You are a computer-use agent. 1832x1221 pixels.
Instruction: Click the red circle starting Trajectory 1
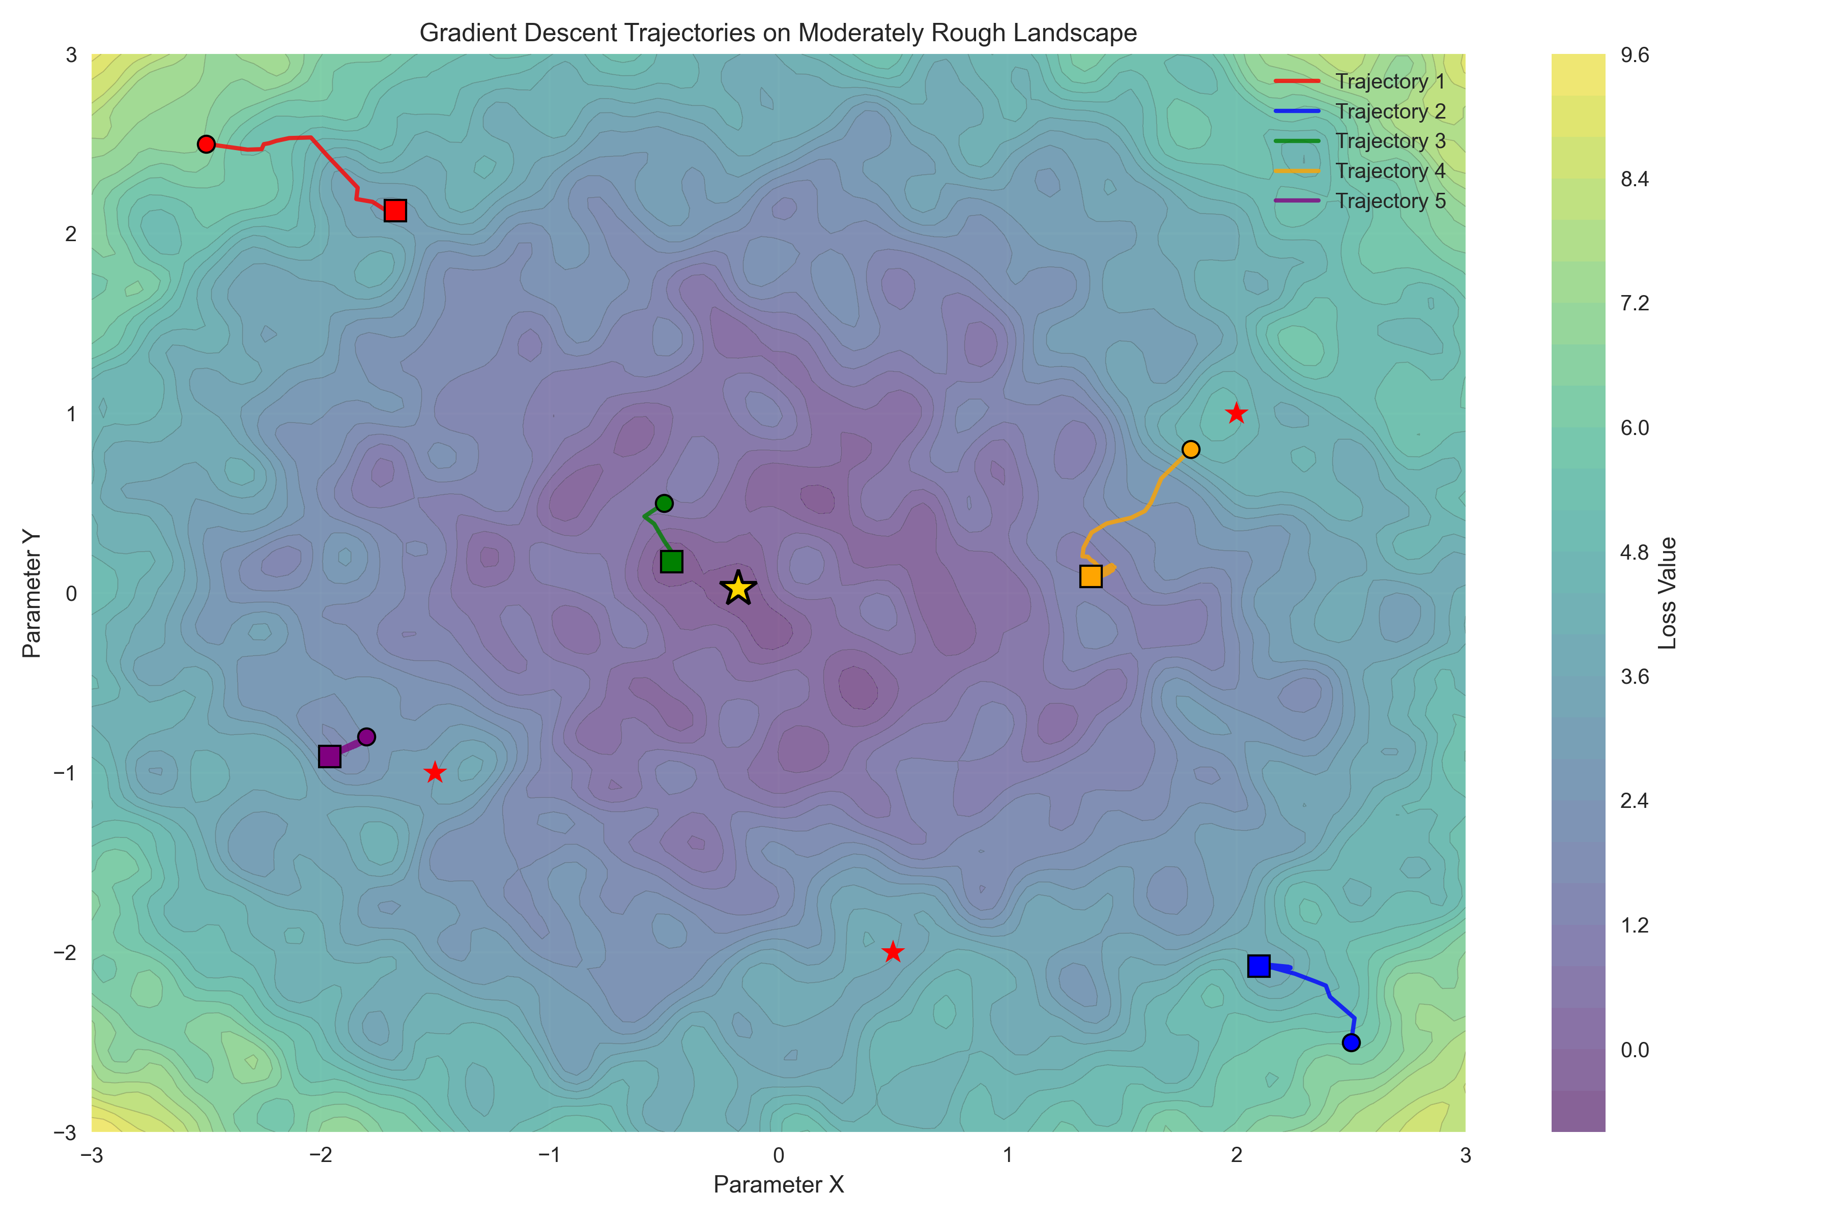[x=206, y=144]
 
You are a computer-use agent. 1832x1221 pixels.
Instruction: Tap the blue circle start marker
[x=1351, y=1042]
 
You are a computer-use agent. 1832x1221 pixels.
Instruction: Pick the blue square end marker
[x=1258, y=966]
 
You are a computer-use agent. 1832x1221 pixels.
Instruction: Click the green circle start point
[x=664, y=503]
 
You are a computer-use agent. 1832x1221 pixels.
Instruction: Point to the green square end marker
[x=671, y=562]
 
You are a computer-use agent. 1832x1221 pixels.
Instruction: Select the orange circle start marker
[x=1190, y=449]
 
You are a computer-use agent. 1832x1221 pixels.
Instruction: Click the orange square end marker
[x=1091, y=576]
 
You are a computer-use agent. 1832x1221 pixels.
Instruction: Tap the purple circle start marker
[x=366, y=737]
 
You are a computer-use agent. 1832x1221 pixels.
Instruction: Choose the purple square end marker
[x=329, y=756]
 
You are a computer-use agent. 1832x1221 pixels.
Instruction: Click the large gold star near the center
[x=737, y=588]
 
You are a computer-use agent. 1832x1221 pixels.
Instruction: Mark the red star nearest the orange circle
[x=1236, y=414]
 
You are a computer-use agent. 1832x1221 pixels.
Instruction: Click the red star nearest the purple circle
[x=435, y=772]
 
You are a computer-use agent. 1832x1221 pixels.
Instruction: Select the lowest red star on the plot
[x=893, y=951]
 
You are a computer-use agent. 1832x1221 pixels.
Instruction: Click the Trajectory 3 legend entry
[x=1390, y=141]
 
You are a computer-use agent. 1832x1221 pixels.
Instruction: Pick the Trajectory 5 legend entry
[x=1390, y=201]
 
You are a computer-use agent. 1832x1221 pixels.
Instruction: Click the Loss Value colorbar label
[x=1667, y=593]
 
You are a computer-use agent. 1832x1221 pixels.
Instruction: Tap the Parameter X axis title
[x=778, y=1184]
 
